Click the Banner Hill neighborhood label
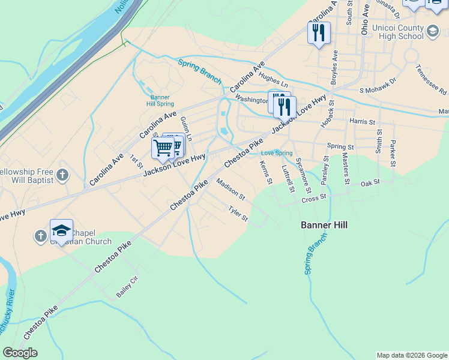324,225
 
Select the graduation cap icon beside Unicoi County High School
433,29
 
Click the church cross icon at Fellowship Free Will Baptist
62,176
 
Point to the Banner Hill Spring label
160,100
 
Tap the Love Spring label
277,153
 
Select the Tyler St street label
238,213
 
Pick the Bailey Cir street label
127,292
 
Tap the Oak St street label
371,182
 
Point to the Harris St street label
361,121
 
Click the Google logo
20,353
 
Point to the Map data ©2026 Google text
412,355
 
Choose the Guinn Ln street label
185,128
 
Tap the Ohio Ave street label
365,18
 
